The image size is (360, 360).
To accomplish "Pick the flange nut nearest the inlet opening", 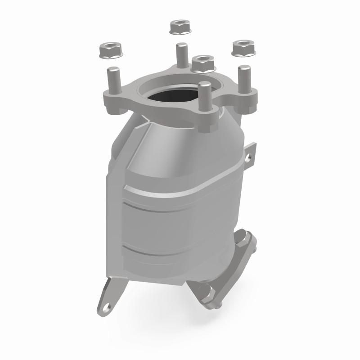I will [203, 63].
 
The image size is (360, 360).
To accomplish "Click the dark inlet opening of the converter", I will [170, 94].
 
